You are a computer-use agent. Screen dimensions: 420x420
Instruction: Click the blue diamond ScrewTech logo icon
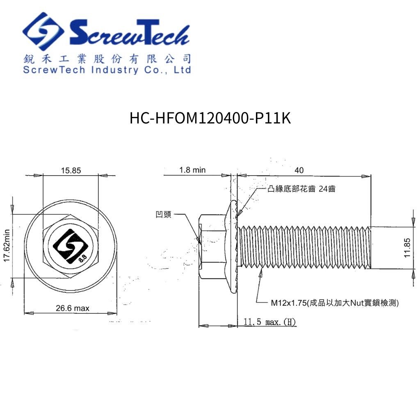(43, 32)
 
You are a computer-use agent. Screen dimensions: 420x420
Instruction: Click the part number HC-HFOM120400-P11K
(210, 119)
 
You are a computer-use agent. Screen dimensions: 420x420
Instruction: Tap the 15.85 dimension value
(71, 171)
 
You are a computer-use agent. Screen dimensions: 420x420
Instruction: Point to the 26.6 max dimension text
(72, 308)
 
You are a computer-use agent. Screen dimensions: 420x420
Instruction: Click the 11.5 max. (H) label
(269, 322)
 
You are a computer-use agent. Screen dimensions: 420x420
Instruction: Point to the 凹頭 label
(164, 215)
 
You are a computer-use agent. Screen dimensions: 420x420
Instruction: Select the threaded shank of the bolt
(306, 247)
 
